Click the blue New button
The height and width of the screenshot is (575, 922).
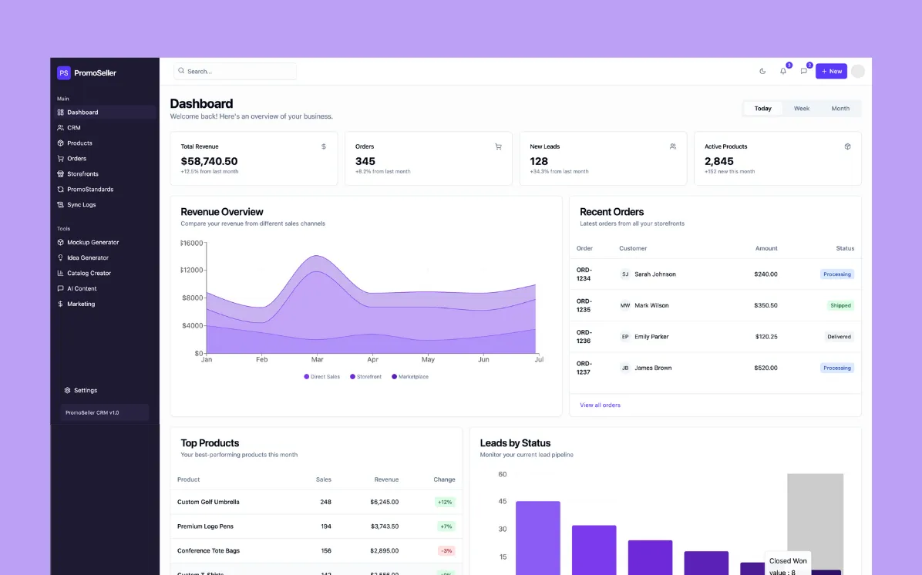point(831,71)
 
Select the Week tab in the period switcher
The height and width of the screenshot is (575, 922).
point(802,109)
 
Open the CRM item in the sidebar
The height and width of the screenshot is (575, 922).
point(73,128)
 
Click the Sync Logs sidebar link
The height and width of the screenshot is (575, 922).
point(81,205)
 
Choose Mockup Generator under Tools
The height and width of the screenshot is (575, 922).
point(93,243)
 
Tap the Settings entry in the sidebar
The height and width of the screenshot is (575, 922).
point(85,391)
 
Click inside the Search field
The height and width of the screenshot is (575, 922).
point(235,71)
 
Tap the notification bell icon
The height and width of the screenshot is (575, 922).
point(783,71)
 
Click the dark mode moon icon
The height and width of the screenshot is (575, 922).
point(762,71)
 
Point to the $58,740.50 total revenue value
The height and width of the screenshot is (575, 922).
point(209,161)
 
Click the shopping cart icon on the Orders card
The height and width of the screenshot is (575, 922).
point(498,146)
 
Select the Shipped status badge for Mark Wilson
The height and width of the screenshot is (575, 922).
point(840,306)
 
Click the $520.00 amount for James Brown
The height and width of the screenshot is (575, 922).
point(766,368)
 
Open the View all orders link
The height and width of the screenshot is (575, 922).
point(600,405)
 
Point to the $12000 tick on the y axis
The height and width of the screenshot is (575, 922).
point(191,271)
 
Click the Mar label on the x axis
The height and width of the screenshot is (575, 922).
point(317,360)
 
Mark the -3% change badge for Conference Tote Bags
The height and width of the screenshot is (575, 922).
point(446,551)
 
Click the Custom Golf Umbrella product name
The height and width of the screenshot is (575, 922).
point(208,502)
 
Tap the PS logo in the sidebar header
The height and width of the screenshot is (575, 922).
point(64,72)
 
